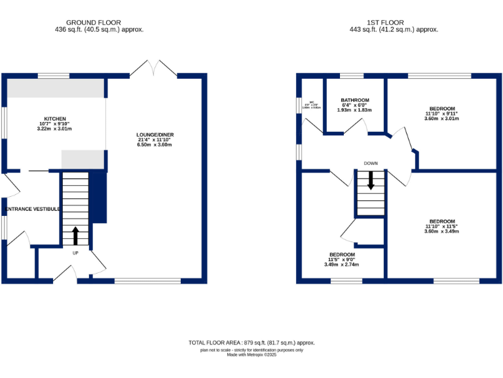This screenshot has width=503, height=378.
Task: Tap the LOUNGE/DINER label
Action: click(x=156, y=135)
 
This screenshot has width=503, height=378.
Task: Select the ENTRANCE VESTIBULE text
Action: click(x=31, y=209)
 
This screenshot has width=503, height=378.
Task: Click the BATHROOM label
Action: click(x=355, y=100)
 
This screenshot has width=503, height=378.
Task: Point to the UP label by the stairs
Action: click(x=75, y=252)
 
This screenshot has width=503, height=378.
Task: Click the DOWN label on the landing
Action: click(x=371, y=163)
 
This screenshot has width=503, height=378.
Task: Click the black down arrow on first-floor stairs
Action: click(x=371, y=180)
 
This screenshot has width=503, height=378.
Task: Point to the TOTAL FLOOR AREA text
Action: click(x=252, y=343)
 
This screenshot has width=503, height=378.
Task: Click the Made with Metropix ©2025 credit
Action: click(x=251, y=355)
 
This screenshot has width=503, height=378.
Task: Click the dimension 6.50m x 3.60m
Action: click(x=156, y=144)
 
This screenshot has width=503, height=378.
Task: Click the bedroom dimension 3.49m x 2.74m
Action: click(x=342, y=264)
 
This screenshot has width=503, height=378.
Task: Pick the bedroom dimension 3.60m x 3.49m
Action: click(x=441, y=232)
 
